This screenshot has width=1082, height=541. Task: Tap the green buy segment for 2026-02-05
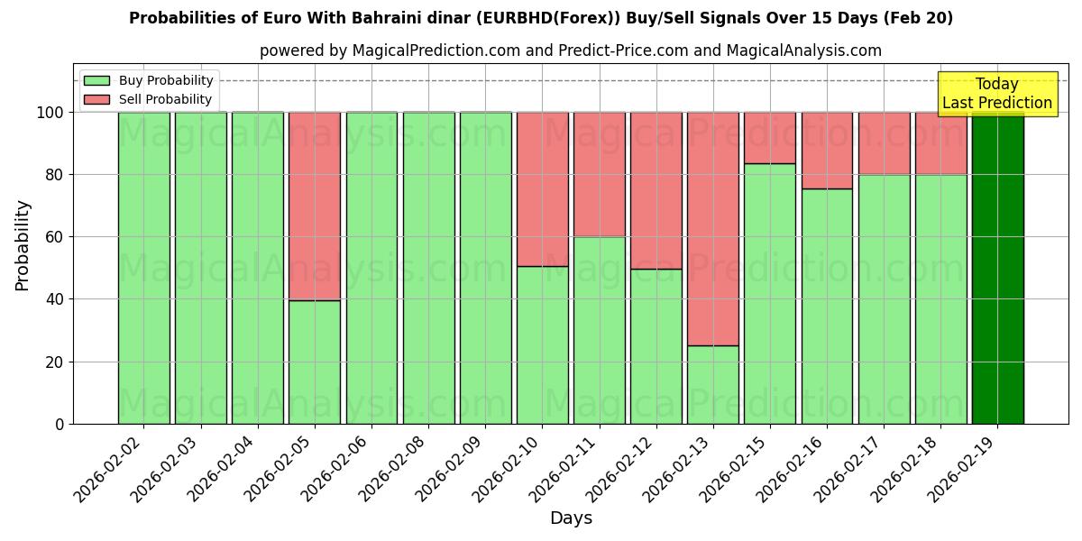tap(315, 362)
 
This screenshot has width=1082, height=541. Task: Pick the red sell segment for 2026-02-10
tap(542, 188)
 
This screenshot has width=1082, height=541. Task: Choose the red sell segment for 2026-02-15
tap(769, 137)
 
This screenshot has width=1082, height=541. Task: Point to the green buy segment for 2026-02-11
tap(599, 330)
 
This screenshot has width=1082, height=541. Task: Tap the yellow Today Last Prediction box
tap(996, 94)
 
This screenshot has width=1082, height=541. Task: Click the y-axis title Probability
tap(23, 244)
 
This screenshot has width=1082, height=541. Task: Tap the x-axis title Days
tap(571, 518)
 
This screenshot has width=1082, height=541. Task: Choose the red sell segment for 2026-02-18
tap(940, 143)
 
